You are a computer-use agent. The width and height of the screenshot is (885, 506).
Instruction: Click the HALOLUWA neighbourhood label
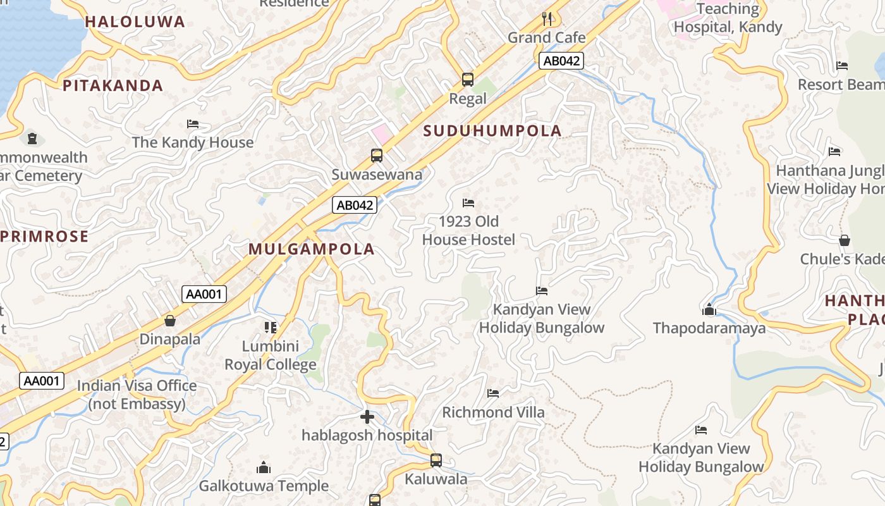pos(135,22)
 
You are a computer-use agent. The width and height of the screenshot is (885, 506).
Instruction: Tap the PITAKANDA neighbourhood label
pos(113,85)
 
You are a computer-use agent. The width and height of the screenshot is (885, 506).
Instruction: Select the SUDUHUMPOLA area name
pos(492,131)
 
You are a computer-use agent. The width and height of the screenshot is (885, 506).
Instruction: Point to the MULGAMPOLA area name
pos(312,249)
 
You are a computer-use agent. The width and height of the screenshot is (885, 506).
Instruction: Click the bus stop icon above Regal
pos(468,80)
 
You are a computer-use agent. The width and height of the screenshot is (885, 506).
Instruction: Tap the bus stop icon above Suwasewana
pos(377,155)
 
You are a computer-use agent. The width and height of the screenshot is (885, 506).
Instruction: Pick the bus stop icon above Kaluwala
pos(436,460)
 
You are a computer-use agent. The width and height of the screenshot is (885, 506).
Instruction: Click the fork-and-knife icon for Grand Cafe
pos(547,18)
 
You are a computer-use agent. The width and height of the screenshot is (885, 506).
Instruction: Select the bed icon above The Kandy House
pos(193,123)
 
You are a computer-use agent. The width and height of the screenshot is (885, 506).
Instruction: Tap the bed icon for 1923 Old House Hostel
pos(468,203)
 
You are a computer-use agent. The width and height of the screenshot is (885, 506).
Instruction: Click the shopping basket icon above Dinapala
pos(170,320)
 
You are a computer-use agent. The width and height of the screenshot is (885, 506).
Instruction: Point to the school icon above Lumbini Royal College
pos(271,327)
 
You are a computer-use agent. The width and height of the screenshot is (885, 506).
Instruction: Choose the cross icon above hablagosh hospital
pos(367,417)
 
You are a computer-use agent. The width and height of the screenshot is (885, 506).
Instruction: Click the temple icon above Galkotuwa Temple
pos(264,467)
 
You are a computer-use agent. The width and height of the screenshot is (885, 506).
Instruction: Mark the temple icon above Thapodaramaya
pos(709,309)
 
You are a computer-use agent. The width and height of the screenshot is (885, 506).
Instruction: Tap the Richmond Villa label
pos(493,412)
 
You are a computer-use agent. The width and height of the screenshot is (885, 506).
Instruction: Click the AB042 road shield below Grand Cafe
pos(561,61)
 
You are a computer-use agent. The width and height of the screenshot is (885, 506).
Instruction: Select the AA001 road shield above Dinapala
pos(204,293)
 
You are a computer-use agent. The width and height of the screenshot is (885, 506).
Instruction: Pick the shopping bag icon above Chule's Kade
pos(845,240)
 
